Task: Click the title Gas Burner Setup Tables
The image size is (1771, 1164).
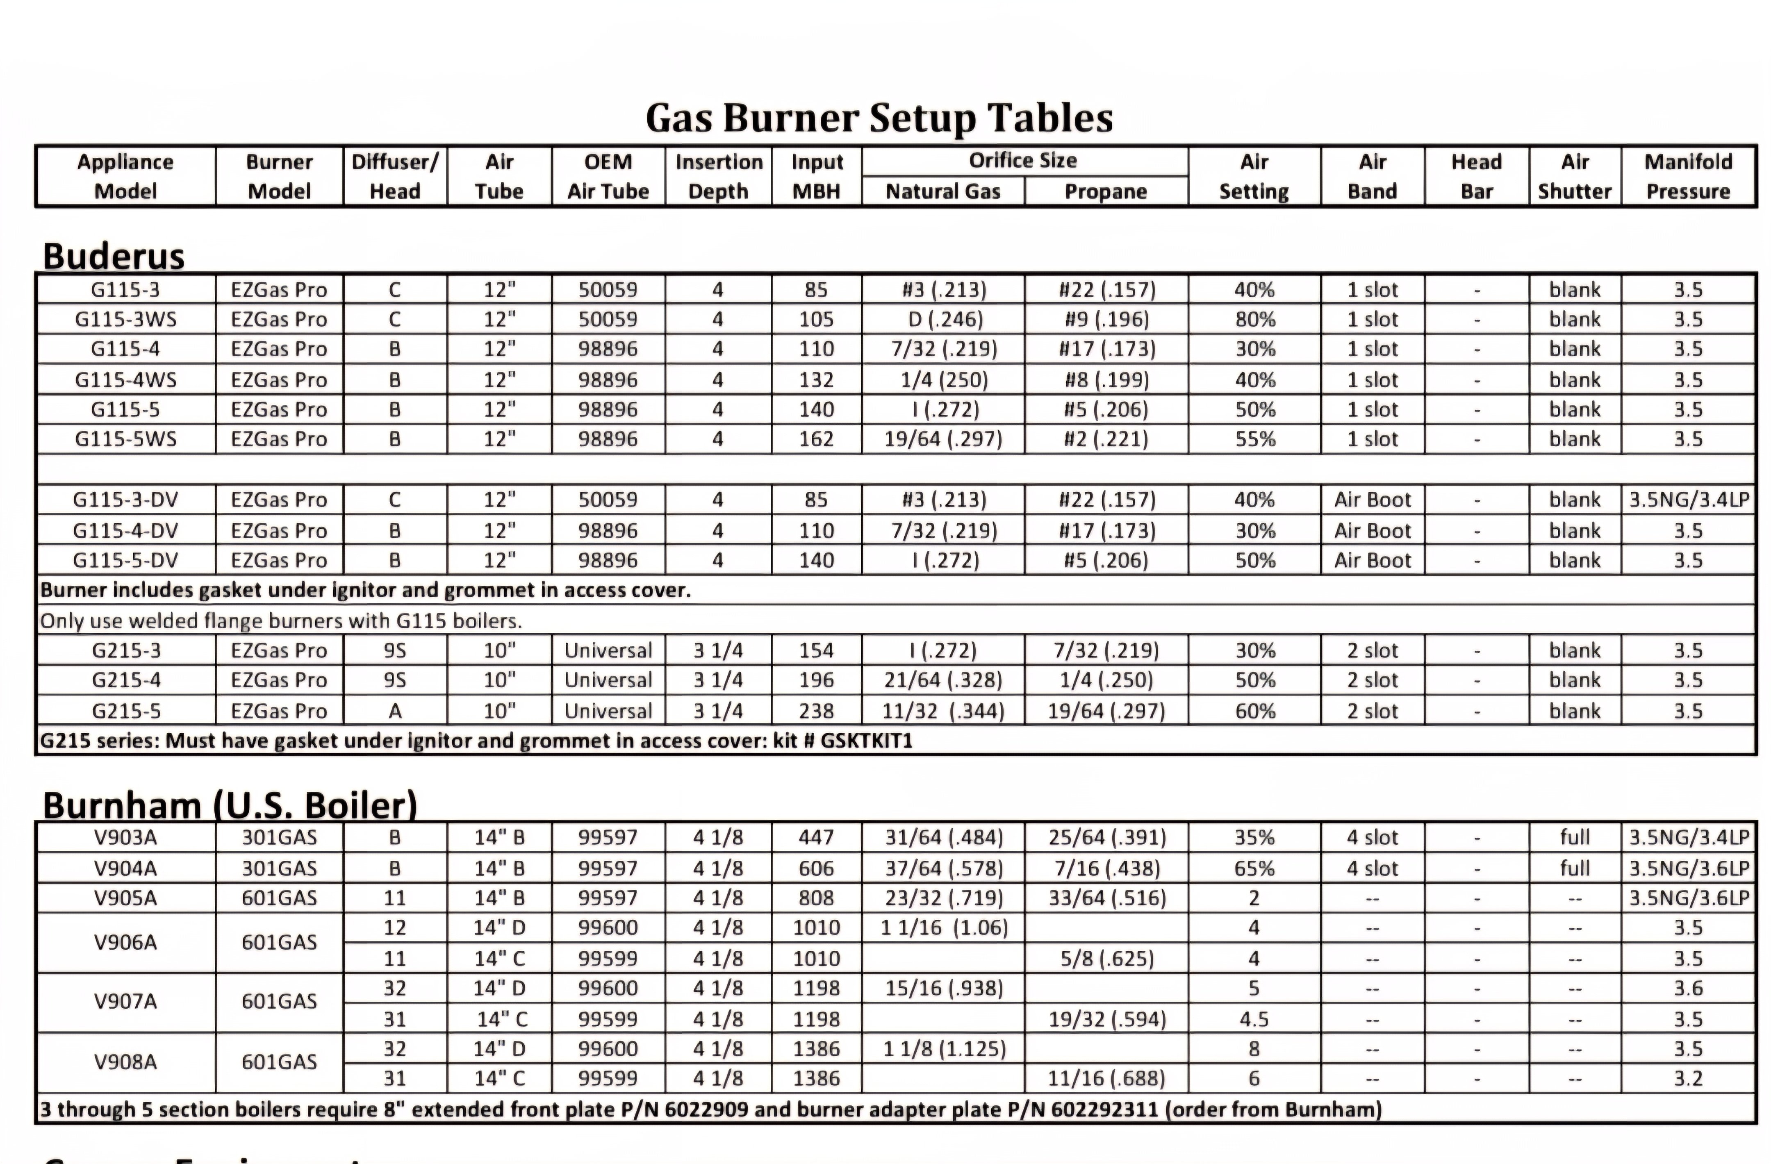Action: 879,118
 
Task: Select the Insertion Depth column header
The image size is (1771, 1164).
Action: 718,176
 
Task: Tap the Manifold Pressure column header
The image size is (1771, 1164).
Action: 1688,176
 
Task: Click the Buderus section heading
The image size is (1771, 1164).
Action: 113,256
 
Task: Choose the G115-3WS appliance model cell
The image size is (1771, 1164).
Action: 126,319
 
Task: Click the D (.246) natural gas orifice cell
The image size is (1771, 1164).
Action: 944,319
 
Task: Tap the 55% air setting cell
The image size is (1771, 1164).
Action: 1254,439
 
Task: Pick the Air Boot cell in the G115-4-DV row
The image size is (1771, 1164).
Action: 1372,530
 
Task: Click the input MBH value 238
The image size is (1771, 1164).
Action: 816,711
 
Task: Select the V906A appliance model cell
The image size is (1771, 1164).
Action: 126,942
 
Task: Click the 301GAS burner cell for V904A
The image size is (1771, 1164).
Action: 279,868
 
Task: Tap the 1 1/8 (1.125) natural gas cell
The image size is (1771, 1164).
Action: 944,1049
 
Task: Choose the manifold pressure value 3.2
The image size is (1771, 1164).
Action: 1688,1078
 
